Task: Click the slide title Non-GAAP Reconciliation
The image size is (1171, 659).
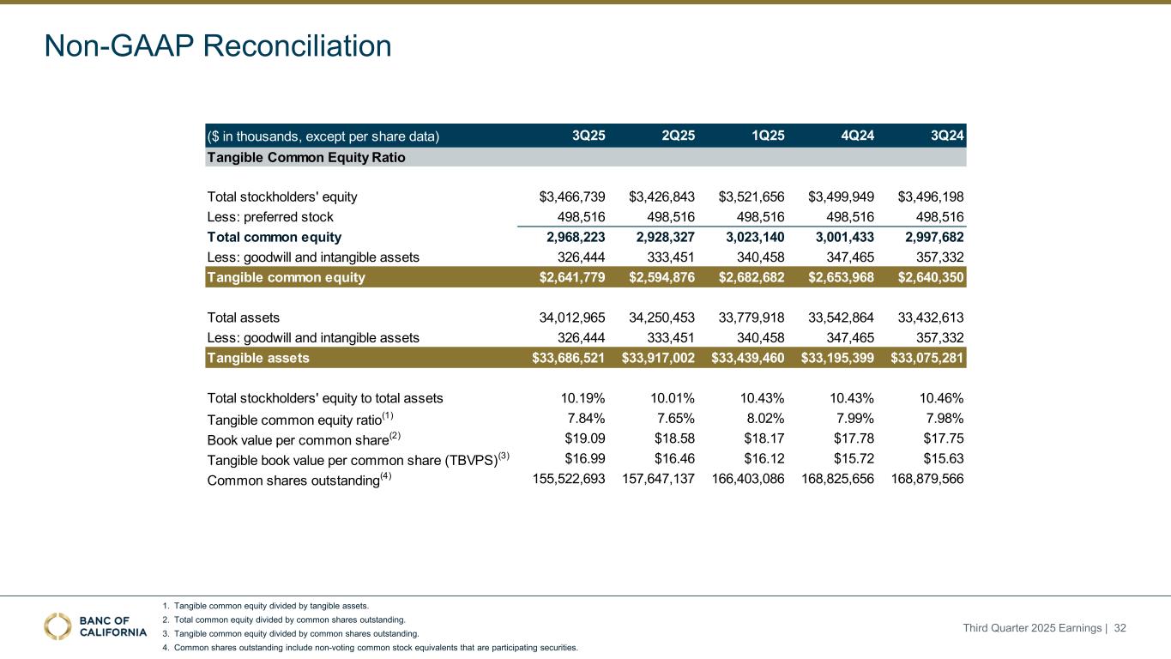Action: tap(218, 46)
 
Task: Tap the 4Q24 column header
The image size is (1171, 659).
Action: tap(857, 136)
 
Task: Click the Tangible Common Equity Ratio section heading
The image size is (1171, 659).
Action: tap(306, 158)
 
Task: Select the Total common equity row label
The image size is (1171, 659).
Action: tap(275, 238)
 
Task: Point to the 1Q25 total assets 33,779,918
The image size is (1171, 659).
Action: tap(751, 317)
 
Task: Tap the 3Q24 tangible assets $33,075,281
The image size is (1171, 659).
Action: tap(925, 358)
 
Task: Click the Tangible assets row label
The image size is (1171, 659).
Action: tap(258, 358)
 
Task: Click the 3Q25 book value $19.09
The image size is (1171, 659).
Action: tap(584, 438)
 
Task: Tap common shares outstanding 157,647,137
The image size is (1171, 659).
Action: tap(658, 480)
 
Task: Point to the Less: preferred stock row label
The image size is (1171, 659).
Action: tap(270, 217)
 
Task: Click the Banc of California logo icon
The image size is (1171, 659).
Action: tap(58, 626)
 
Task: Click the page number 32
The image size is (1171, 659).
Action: tap(1120, 629)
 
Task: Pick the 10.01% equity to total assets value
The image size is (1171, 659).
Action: tap(673, 398)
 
